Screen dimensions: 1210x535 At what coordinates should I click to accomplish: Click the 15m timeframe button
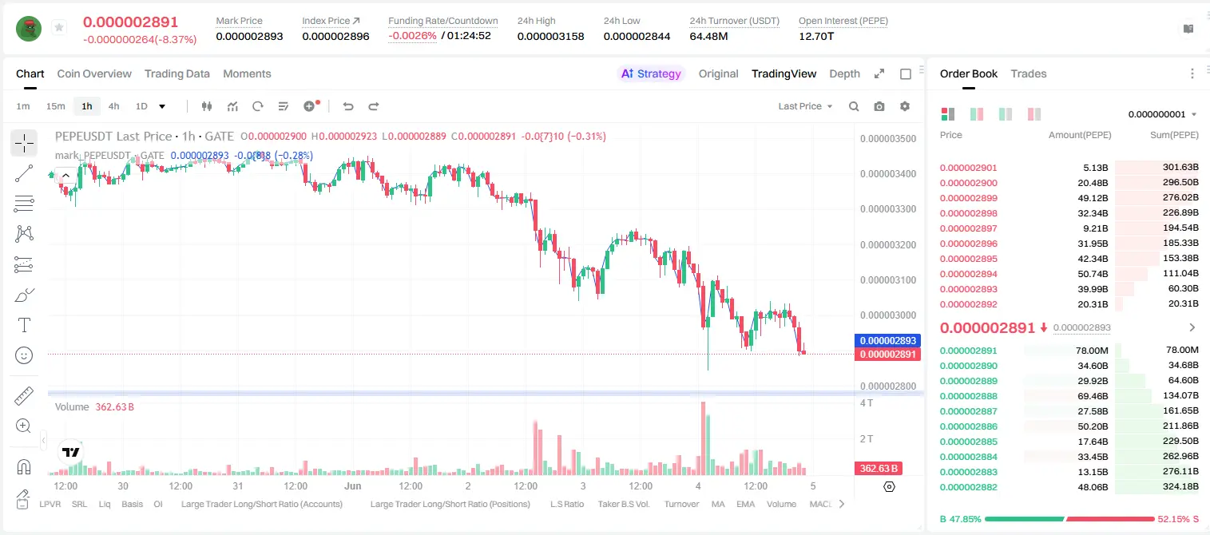pyautogui.click(x=56, y=106)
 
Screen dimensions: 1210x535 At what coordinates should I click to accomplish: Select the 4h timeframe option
pyautogui.click(x=113, y=106)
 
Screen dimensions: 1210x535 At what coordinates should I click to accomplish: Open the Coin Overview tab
pyautogui.click(x=94, y=73)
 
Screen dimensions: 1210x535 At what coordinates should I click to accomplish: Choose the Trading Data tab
pyautogui.click(x=177, y=73)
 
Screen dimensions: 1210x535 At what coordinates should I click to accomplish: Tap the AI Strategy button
pyautogui.click(x=651, y=73)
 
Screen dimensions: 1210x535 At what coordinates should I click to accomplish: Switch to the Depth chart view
pyautogui.click(x=844, y=73)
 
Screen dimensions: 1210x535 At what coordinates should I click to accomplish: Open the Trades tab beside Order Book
pyautogui.click(x=1029, y=73)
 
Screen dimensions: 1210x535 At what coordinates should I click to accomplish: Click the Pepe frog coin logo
pyautogui.click(x=29, y=29)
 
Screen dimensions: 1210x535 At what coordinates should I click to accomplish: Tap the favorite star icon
pyautogui.click(x=59, y=27)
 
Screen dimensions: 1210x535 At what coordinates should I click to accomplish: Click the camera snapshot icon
pyautogui.click(x=879, y=106)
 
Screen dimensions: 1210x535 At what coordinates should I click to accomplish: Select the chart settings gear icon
pyautogui.click(x=905, y=106)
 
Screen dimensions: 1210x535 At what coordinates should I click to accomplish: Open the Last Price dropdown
pyautogui.click(x=805, y=106)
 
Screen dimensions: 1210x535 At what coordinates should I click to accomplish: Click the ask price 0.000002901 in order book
pyautogui.click(x=969, y=168)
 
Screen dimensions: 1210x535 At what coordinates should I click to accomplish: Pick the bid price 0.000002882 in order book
pyautogui.click(x=969, y=487)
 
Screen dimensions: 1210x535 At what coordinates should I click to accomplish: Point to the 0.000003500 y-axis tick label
pyautogui.click(x=888, y=139)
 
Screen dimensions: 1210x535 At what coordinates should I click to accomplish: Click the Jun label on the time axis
pyautogui.click(x=353, y=485)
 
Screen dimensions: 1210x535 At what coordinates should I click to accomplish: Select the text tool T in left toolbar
pyautogui.click(x=24, y=325)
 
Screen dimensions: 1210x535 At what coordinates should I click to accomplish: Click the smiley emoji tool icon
pyautogui.click(x=24, y=355)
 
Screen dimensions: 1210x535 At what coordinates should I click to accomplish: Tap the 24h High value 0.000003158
pyautogui.click(x=550, y=36)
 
